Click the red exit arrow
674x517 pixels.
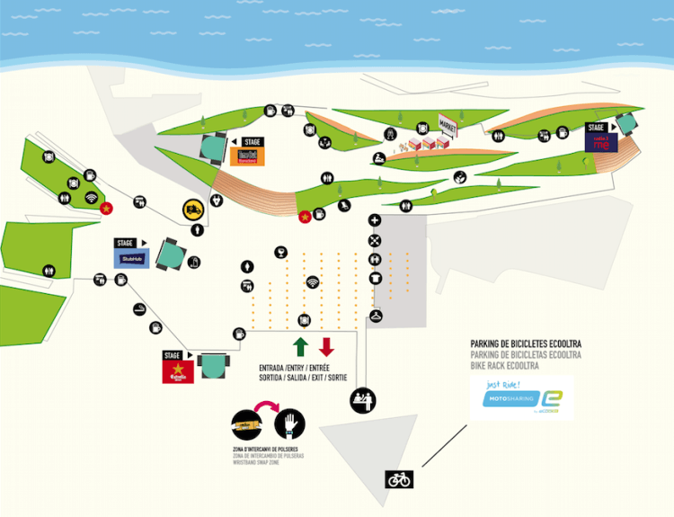(x=327, y=347)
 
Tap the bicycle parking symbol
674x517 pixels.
(x=399, y=479)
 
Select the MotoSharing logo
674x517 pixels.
(x=522, y=398)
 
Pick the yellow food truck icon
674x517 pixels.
(x=193, y=209)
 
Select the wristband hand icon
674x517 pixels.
(x=290, y=423)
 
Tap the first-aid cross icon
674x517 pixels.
(x=375, y=220)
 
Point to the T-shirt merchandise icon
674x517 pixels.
(x=375, y=279)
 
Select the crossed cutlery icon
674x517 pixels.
(x=375, y=239)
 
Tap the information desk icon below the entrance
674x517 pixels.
(x=363, y=398)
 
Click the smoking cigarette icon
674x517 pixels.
(x=139, y=310)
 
